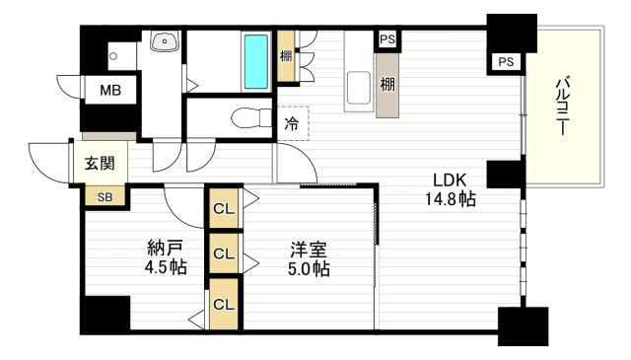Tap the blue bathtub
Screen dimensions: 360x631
[255, 60]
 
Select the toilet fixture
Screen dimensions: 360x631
[246, 118]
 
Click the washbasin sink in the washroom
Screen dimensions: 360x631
[164, 42]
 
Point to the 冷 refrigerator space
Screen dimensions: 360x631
[292, 123]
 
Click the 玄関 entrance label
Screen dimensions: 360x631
[96, 164]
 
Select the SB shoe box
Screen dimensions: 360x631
[104, 196]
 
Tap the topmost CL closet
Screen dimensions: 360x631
[223, 209]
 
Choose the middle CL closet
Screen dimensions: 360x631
[223, 253]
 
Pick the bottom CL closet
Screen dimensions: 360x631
[223, 303]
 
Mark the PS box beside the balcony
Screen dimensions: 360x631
[506, 62]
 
